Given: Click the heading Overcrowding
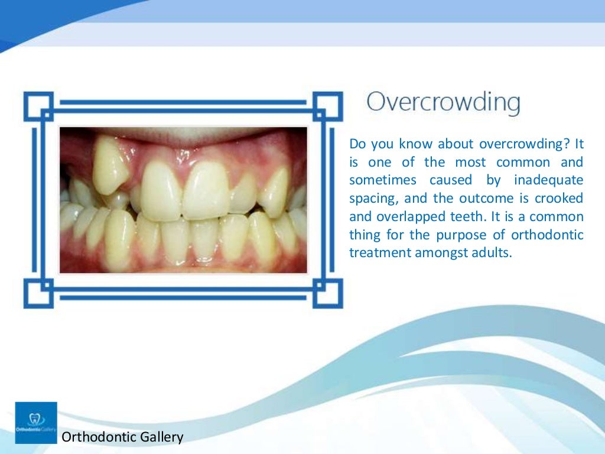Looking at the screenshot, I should tap(443, 103).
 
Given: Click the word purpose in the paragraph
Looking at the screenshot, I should tap(457, 235).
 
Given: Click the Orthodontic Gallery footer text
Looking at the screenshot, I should tap(123, 437).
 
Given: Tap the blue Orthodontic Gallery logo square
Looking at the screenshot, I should tap(36, 423).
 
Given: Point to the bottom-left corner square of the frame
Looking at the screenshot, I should tap(38, 293).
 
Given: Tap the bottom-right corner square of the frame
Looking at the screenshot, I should tap(327, 293).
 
